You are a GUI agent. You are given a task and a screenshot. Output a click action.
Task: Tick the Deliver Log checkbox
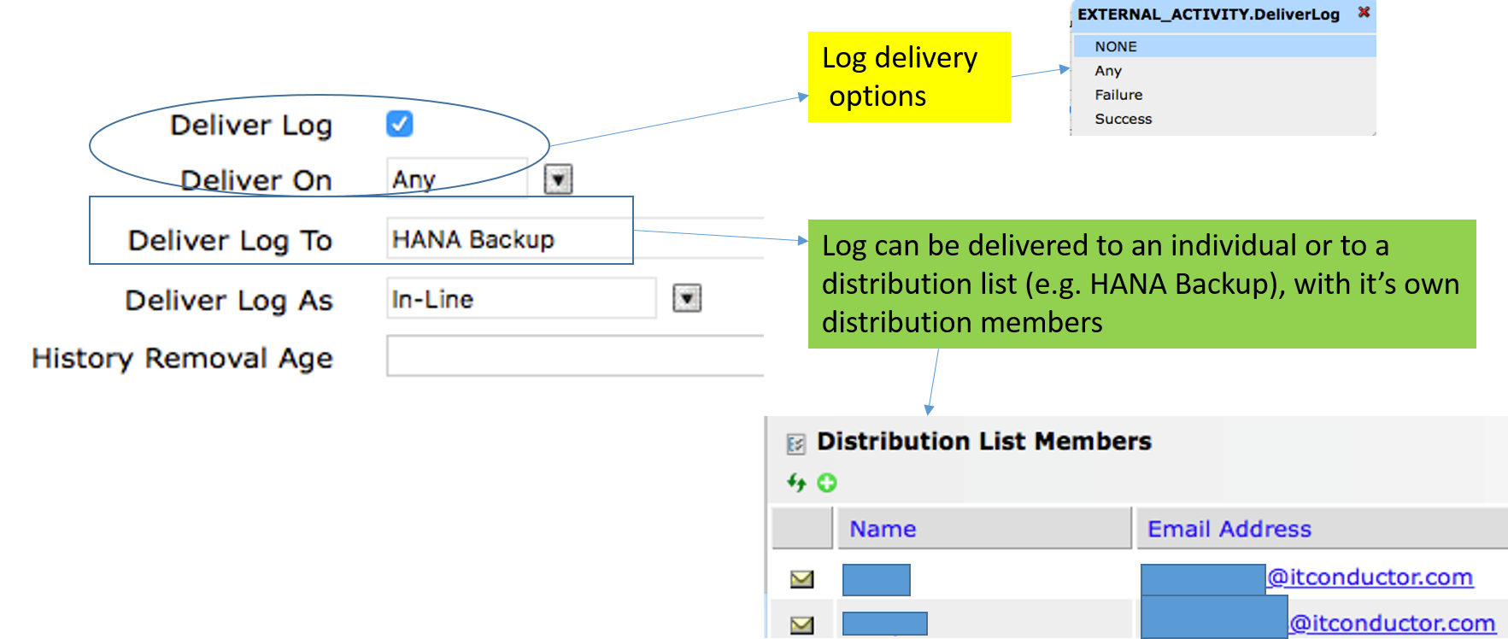[x=399, y=124]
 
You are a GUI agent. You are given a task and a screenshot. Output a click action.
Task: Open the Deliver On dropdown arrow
[x=558, y=179]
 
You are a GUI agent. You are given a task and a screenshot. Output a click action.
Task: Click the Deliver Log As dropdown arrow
[x=687, y=298]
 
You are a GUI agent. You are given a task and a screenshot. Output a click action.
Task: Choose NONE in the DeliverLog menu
[x=1116, y=46]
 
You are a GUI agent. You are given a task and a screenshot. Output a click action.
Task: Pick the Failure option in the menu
[x=1118, y=95]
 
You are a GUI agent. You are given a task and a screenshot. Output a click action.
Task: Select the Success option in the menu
[x=1124, y=119]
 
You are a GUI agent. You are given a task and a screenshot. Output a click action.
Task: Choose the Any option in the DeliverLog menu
[x=1108, y=71]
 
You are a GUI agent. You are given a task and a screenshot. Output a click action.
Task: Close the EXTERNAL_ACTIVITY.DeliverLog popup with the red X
[x=1364, y=12]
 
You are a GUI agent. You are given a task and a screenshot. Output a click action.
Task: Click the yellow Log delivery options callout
[x=908, y=77]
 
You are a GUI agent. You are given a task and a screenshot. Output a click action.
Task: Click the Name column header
[x=883, y=529]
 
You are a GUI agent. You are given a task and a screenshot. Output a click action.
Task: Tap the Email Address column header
[x=1229, y=529]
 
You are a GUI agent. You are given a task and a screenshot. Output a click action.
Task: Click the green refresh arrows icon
[x=796, y=483]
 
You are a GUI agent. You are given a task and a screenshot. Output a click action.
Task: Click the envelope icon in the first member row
[x=801, y=579]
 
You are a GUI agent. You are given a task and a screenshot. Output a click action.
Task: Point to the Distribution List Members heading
[x=984, y=442]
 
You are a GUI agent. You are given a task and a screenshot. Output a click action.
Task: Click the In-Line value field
[x=520, y=299]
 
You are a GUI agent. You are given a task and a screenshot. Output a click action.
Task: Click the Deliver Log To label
[x=230, y=241]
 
